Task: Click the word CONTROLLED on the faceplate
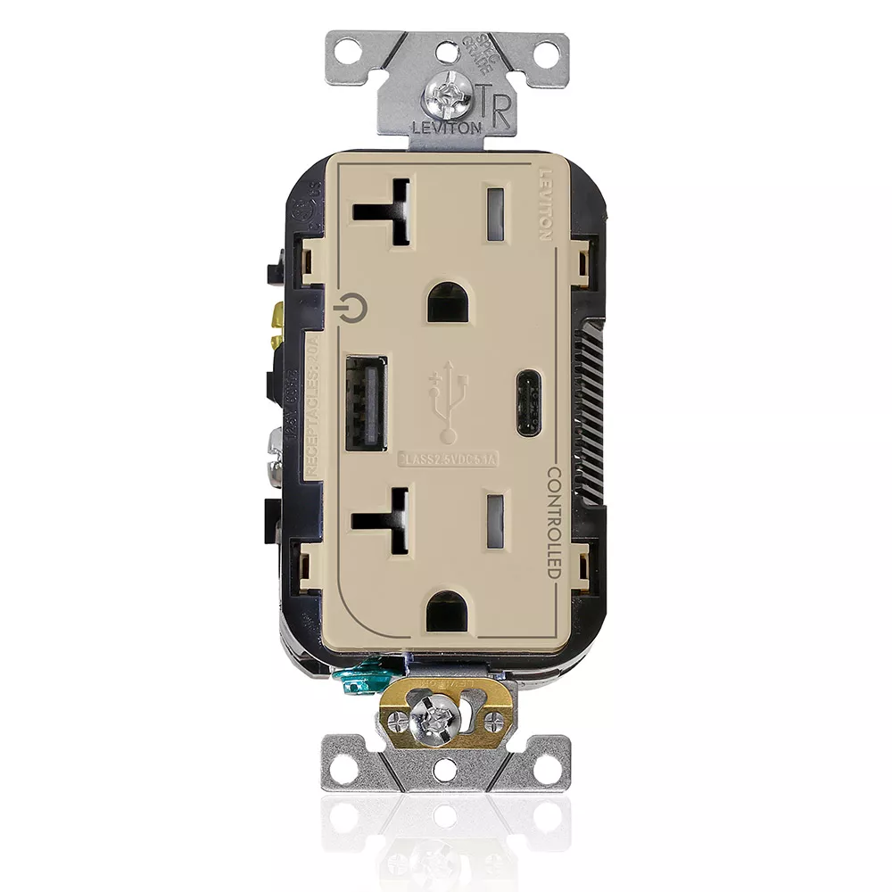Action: point(553,522)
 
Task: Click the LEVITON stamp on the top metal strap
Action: point(446,127)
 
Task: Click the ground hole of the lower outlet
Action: point(445,613)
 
